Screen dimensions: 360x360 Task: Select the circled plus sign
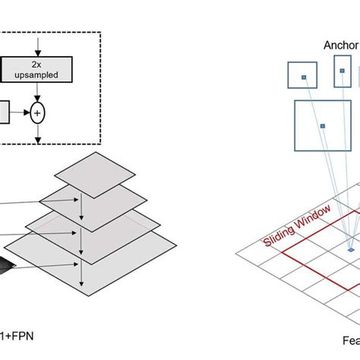(x=38, y=113)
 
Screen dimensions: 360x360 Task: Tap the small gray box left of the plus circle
(x=4, y=113)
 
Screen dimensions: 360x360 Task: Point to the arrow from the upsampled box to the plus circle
(x=38, y=93)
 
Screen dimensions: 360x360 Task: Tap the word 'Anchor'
(x=340, y=44)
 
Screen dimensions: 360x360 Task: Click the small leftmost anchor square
(x=302, y=77)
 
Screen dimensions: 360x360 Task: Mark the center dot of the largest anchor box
(x=322, y=125)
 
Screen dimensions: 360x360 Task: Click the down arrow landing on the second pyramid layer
(x=80, y=199)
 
